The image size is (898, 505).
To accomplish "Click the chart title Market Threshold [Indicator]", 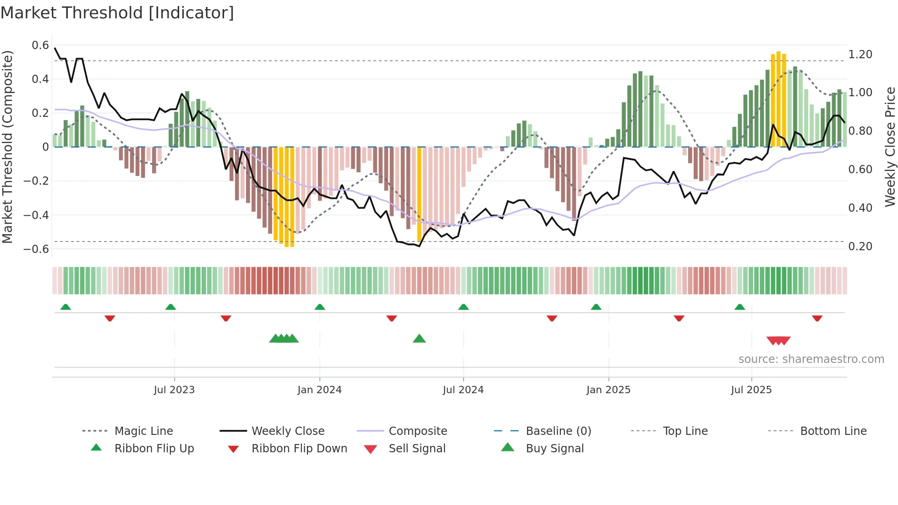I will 117,13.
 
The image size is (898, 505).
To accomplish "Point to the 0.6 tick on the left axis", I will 40,45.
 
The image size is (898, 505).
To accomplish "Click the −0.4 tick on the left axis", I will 37,215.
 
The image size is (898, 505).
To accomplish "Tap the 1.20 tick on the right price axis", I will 860,55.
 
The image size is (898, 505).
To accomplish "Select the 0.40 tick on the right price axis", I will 860,208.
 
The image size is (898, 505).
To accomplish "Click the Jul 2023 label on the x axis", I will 174,390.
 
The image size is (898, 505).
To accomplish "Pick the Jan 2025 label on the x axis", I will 608,390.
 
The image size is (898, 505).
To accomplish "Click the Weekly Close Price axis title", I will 890,147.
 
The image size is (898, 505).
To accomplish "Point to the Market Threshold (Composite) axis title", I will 7,147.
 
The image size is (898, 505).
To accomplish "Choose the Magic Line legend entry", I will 143,431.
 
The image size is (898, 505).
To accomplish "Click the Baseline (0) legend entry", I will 558,431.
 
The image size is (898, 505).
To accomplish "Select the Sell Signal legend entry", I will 416,449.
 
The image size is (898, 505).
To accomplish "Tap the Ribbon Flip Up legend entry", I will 154,449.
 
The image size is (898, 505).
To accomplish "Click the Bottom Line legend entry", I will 833,431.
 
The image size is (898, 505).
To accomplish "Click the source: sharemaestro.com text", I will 811,359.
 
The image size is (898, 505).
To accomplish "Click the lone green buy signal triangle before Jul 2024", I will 419,339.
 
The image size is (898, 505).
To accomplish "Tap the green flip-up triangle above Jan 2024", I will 320,307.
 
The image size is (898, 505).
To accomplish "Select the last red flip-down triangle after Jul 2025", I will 817,318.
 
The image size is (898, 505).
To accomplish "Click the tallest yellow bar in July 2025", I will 778,99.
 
